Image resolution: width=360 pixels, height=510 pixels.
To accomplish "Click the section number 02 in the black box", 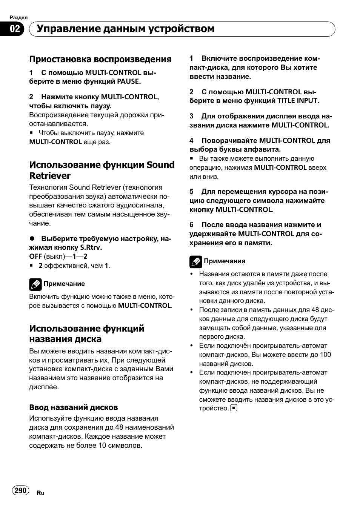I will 15,29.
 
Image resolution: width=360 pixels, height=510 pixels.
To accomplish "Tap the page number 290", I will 20,490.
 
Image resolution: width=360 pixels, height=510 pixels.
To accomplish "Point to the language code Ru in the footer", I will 40,493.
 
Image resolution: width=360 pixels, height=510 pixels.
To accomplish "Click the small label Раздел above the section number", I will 18,17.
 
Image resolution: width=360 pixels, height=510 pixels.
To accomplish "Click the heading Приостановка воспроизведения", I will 100,59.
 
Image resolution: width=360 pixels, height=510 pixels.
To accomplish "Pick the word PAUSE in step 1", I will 128,81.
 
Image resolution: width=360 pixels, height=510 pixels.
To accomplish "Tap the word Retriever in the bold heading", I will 50,176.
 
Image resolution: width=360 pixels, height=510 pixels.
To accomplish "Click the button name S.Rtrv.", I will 91,248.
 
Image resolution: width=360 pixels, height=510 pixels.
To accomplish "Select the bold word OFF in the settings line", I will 35,257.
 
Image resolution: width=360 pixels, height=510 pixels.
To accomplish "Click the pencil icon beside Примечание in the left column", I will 35,284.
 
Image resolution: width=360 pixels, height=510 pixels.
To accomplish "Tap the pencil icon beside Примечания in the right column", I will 195,261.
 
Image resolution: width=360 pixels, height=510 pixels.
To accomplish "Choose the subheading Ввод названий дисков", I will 74,407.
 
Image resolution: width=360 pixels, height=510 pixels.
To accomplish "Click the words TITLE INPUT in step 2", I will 298,101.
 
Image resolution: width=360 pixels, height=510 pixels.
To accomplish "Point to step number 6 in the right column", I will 192,225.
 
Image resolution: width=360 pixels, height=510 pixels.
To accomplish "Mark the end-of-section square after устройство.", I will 234,408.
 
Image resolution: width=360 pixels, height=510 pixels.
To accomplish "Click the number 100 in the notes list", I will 325,355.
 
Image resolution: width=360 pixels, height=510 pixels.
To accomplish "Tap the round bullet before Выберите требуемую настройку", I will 32,239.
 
